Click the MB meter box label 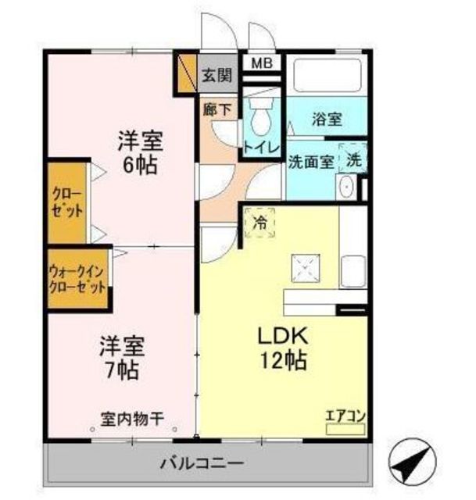(262, 62)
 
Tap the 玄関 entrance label (217, 76)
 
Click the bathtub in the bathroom (327, 75)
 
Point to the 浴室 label (327, 119)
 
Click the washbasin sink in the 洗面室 (346, 187)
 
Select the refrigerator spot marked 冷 (259, 223)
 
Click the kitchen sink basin (353, 271)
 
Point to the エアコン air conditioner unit (345, 429)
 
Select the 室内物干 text (132, 420)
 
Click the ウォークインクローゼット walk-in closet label (77, 280)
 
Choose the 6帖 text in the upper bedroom (141, 165)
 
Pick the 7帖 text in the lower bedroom (122, 370)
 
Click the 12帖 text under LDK (285, 360)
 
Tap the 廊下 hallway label (217, 110)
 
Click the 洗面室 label (311, 162)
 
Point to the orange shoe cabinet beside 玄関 (185, 73)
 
